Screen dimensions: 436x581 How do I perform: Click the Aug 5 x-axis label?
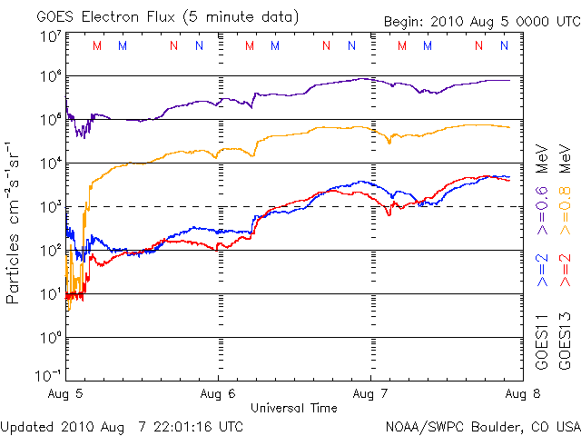coord(66,395)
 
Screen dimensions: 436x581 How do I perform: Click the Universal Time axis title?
coord(293,408)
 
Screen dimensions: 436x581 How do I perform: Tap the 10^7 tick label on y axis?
coord(50,37)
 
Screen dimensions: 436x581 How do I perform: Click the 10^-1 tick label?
coord(48,375)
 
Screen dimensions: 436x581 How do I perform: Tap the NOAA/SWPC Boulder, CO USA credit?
coord(482,426)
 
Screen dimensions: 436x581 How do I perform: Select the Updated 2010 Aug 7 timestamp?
coord(122,426)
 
